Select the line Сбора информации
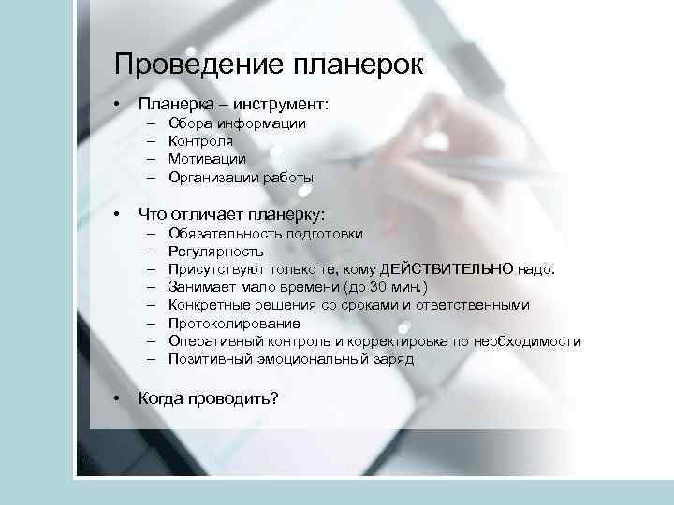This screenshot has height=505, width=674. pyautogui.click(x=237, y=123)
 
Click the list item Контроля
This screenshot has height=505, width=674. pyautogui.click(x=201, y=141)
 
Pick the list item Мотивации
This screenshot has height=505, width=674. pyautogui.click(x=207, y=159)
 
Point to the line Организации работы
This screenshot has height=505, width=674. pyautogui.click(x=241, y=177)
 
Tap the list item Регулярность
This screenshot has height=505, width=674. pyautogui.click(x=215, y=252)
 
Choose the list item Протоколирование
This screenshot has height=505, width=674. pyautogui.click(x=234, y=323)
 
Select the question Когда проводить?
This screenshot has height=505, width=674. pyautogui.click(x=208, y=397)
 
